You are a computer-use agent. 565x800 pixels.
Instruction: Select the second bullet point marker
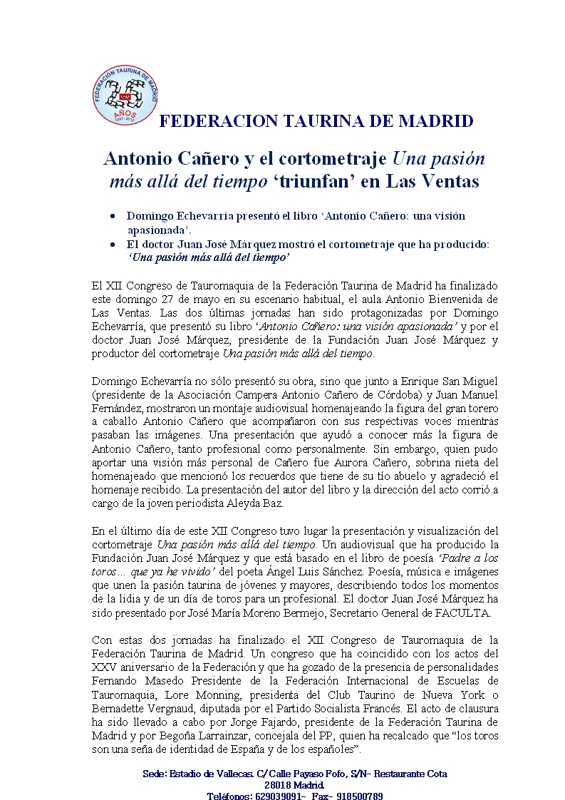(x=113, y=245)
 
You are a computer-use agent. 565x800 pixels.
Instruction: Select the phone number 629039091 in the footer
(x=280, y=796)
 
